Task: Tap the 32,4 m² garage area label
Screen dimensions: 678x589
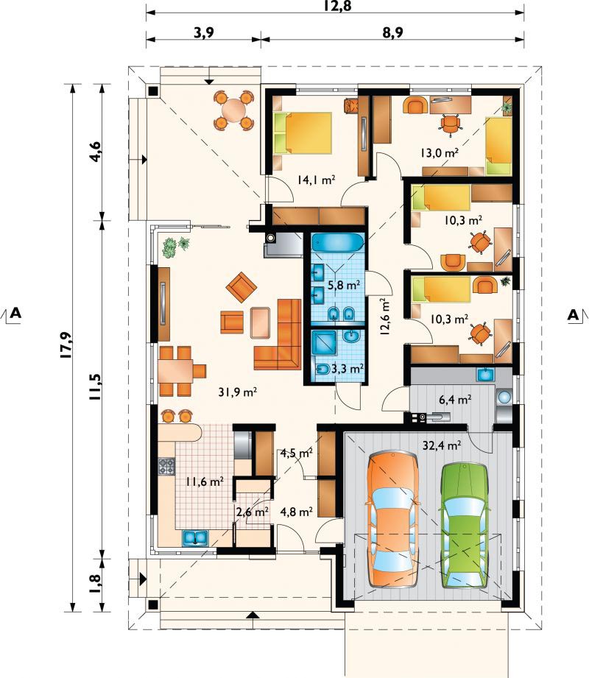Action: [x=442, y=445]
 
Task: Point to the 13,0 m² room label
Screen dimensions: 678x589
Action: [x=440, y=152]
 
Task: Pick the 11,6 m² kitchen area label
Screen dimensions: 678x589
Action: [x=204, y=482]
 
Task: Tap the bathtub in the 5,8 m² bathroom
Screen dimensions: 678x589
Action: [x=335, y=242]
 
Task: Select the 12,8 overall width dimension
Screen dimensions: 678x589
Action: [x=334, y=8]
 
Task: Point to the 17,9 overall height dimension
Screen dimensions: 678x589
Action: [x=64, y=345]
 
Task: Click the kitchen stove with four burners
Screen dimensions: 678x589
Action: [x=167, y=465]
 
